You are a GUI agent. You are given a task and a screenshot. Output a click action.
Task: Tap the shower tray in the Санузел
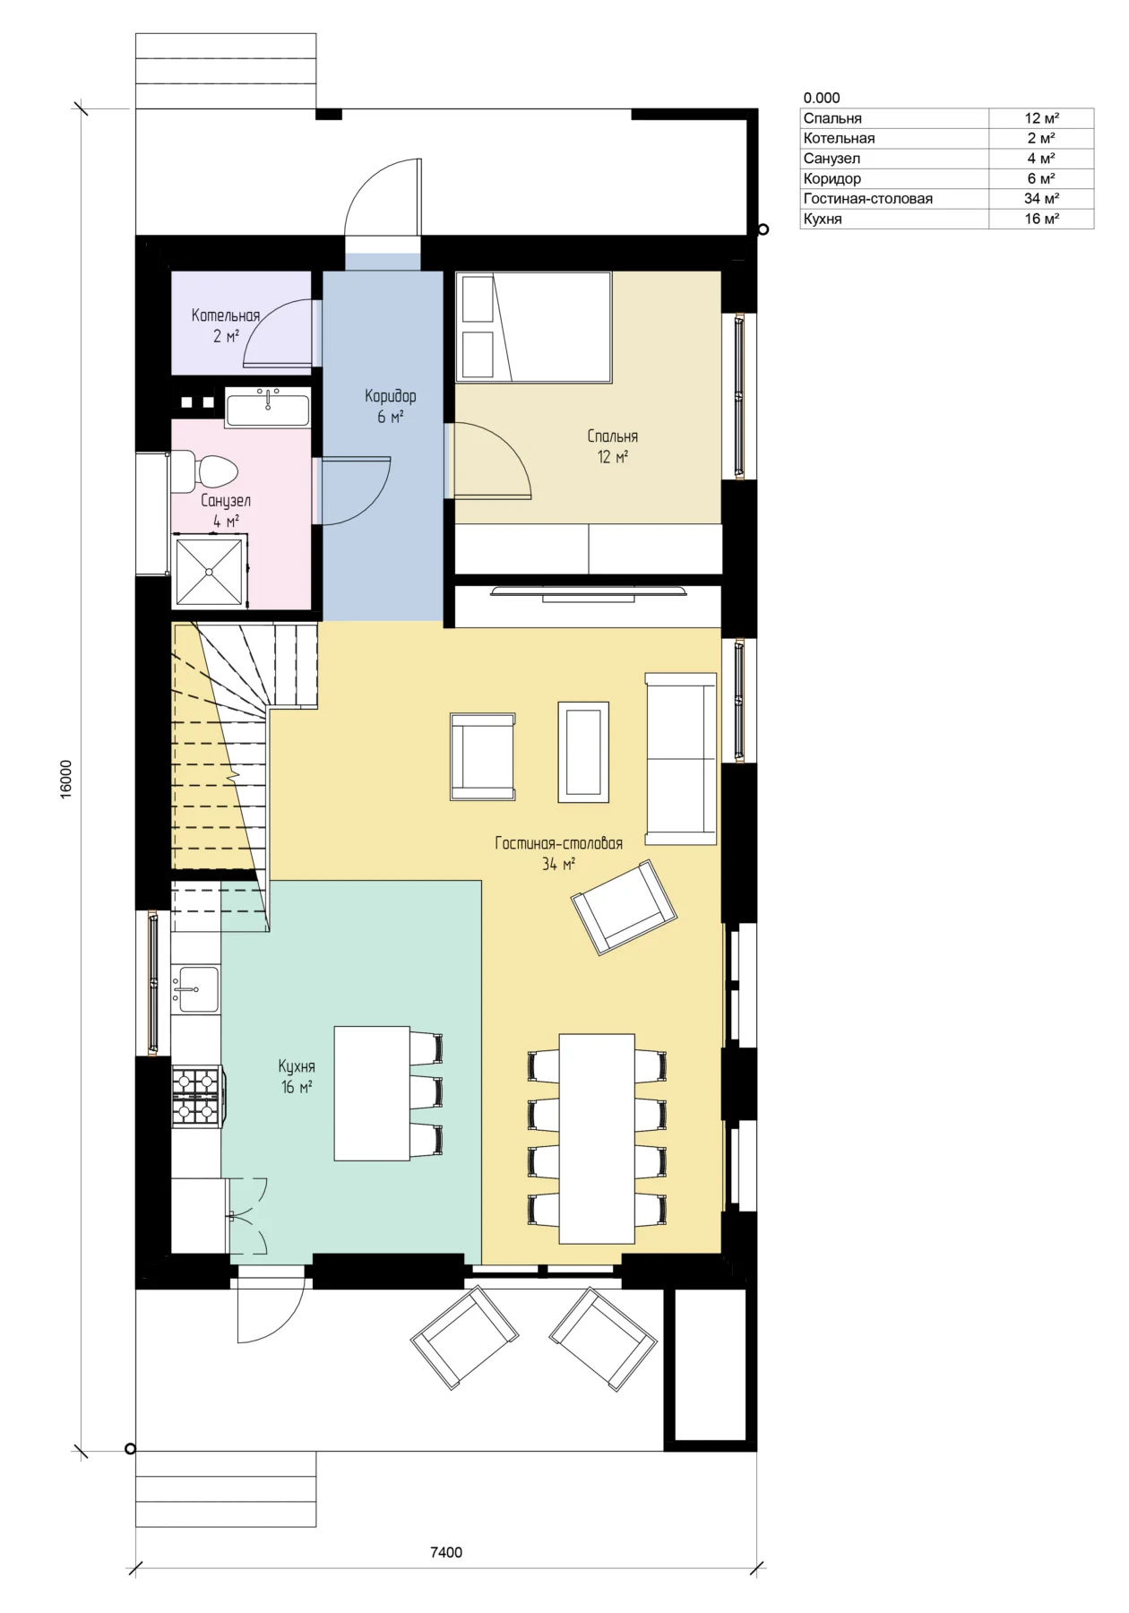click(210, 571)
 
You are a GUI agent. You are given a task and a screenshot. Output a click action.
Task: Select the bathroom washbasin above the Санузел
click(267, 408)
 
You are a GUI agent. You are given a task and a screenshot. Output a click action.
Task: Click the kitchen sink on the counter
click(195, 988)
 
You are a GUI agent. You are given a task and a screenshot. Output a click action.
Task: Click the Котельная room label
click(226, 315)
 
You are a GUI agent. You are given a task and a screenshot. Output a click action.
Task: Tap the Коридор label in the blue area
click(390, 396)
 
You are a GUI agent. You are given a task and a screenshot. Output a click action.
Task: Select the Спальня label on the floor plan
click(613, 436)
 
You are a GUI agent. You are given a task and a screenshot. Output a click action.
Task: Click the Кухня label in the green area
click(297, 1066)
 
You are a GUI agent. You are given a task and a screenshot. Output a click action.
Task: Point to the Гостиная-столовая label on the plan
click(558, 843)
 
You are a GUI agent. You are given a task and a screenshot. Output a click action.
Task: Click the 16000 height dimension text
click(66, 780)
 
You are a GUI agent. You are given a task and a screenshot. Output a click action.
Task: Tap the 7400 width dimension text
click(446, 1552)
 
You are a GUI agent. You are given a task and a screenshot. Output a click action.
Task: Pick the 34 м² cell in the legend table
click(1041, 198)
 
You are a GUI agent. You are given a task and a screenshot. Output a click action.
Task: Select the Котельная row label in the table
click(839, 138)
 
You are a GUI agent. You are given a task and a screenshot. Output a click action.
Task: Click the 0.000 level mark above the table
click(822, 98)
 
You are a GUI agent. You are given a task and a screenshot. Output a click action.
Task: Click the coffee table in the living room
click(583, 752)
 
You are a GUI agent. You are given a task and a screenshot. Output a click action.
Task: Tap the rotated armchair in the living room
click(625, 907)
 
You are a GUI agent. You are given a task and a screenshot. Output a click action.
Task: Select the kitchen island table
click(372, 1093)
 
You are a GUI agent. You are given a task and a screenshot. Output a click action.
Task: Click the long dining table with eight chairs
click(597, 1138)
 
